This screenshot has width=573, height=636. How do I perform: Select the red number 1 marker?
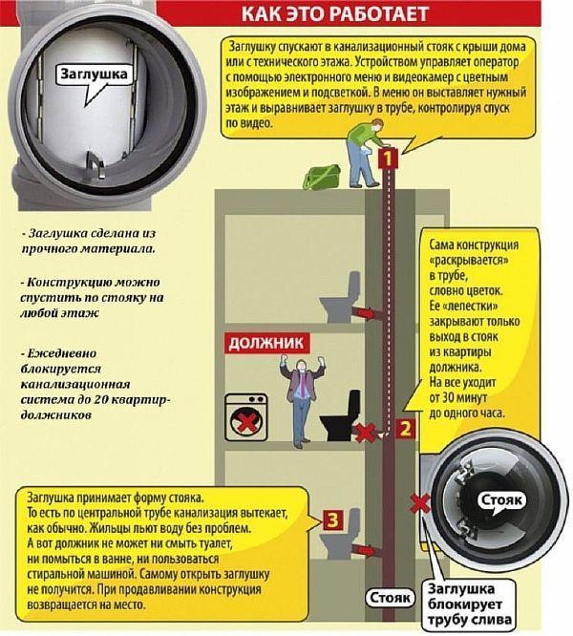coord(386,159)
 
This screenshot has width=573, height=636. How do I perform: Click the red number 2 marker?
coord(405,429)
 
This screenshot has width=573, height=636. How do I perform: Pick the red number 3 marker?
coord(330,520)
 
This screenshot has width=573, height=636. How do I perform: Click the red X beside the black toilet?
coord(365,434)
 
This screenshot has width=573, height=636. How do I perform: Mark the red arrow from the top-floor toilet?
coord(368,311)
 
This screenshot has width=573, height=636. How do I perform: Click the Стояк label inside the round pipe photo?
coord(500,499)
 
